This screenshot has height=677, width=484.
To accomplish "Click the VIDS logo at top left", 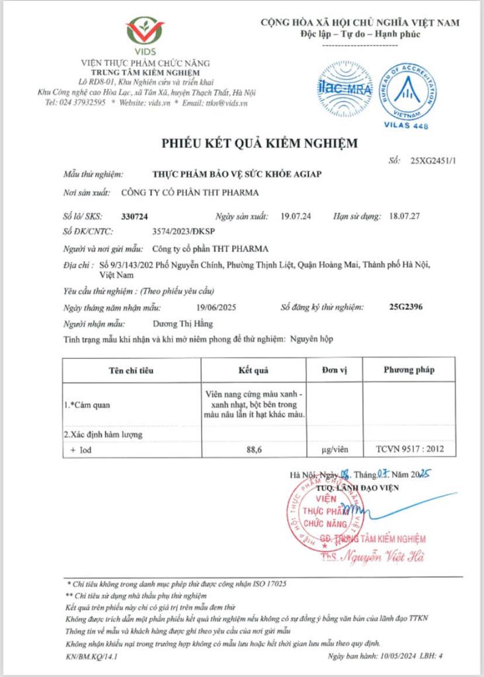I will pyautogui.click(x=144, y=34).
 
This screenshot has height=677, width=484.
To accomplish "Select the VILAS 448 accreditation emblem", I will pyautogui.click(x=407, y=93).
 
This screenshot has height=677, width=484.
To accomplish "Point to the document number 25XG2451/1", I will pyautogui.click(x=433, y=161).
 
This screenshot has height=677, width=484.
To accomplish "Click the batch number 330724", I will pyautogui.click(x=136, y=216).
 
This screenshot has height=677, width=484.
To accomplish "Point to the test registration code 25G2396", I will pyautogui.click(x=407, y=307).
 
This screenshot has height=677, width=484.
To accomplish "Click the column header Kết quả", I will pyautogui.click(x=253, y=370).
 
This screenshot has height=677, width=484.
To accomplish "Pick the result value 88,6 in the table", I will pyautogui.click(x=253, y=450).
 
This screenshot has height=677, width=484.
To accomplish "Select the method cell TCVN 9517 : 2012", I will pyautogui.click(x=409, y=450).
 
